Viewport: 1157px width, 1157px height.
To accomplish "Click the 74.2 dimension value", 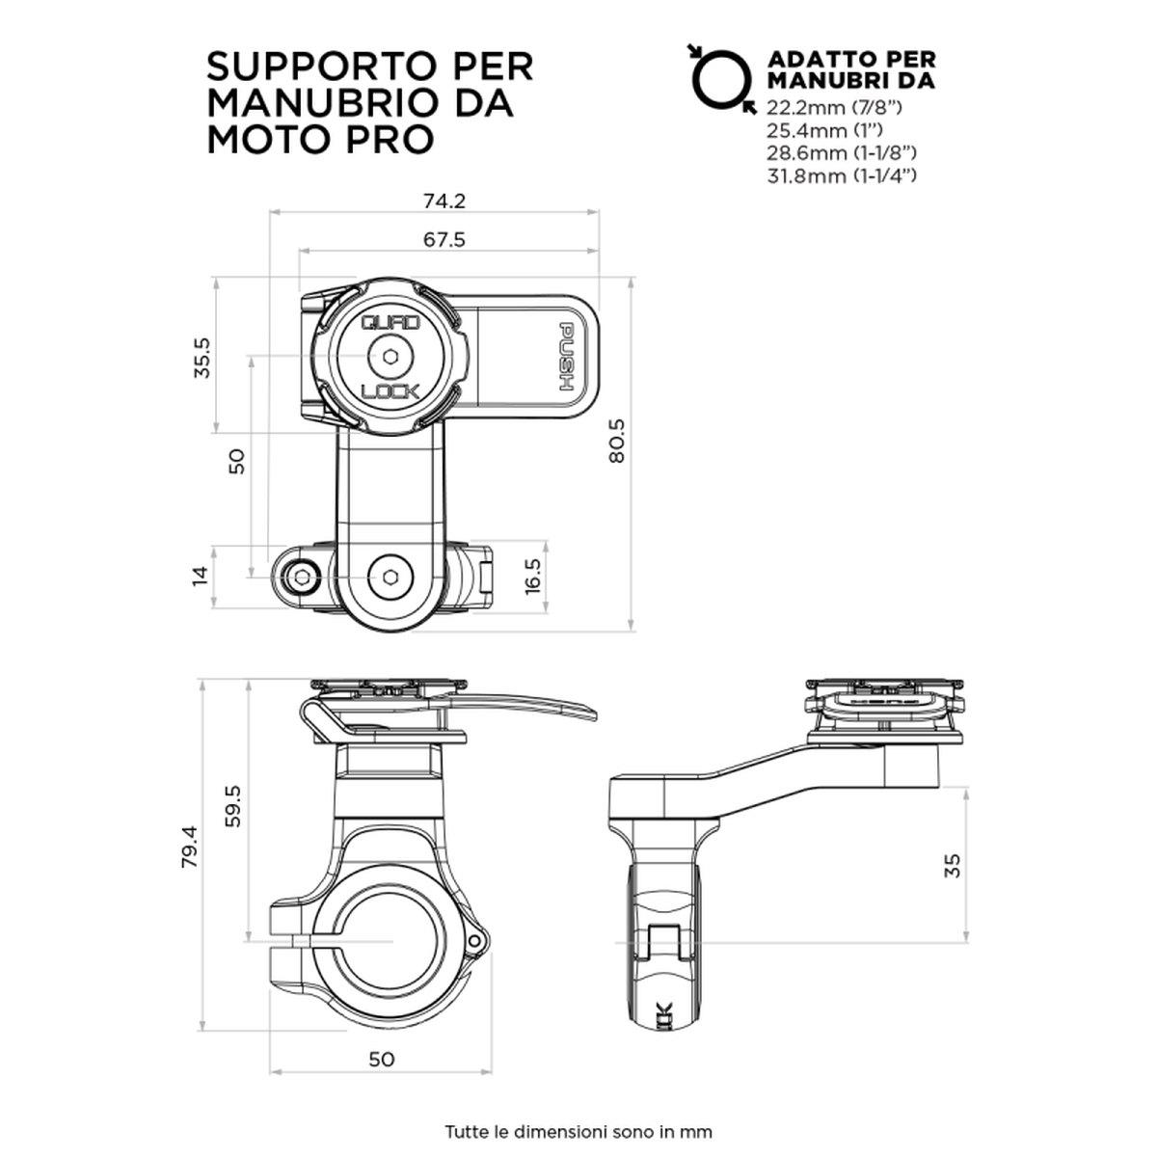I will pos(444,202).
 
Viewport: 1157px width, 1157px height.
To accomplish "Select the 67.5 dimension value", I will pos(444,240).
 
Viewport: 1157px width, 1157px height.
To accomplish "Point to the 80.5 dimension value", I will pos(617,440).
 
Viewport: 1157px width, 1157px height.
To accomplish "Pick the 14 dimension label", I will pos(200,577).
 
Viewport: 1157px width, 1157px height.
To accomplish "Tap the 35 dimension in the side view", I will pos(953,864).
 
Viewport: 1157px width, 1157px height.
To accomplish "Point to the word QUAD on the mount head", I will pos(390,325).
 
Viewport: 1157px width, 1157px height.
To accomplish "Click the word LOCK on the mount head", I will pos(390,390).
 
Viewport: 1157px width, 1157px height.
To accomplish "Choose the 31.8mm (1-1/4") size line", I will pos(841,175).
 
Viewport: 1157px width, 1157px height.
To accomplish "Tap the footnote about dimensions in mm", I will pos(578,1103).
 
